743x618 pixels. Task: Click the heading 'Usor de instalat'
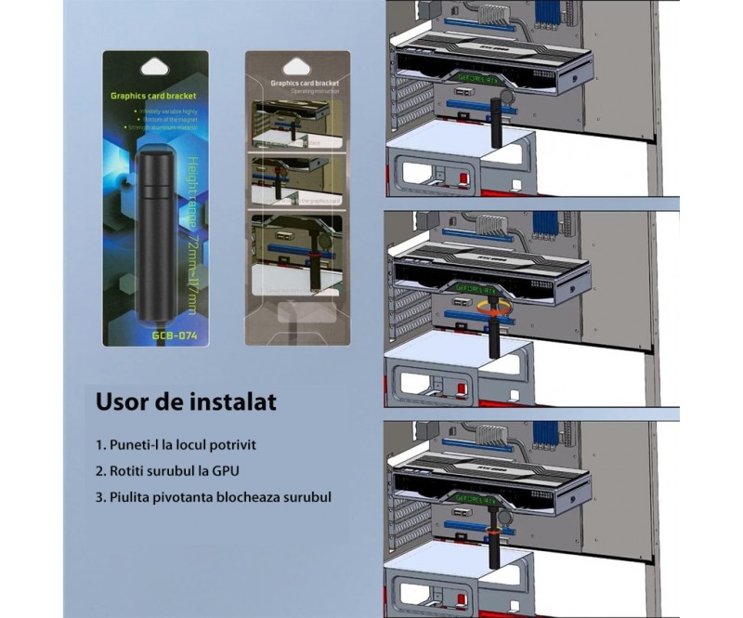tap(185, 403)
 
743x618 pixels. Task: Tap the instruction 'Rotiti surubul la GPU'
tap(176, 471)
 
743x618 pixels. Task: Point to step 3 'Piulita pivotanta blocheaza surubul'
tap(213, 497)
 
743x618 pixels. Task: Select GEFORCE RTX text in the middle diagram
tap(477, 287)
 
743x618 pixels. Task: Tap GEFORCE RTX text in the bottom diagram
tap(477, 495)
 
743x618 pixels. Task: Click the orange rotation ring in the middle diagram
tap(491, 306)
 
